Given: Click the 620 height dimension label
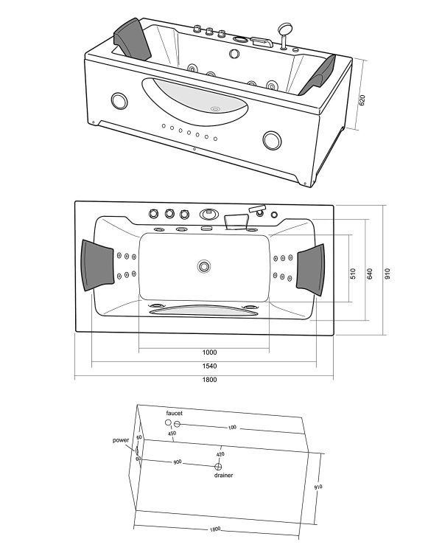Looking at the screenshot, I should click(362, 100).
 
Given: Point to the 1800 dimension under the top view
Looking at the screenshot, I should click(209, 380).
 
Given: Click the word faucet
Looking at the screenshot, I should click(174, 414).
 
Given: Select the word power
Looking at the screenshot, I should click(121, 439).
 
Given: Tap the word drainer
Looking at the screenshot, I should click(224, 476).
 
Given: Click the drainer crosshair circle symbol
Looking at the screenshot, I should click(218, 467).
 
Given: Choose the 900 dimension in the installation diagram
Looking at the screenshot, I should click(178, 462).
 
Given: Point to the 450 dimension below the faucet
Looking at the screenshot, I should click(172, 434).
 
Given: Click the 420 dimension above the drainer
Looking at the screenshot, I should click(220, 454).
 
